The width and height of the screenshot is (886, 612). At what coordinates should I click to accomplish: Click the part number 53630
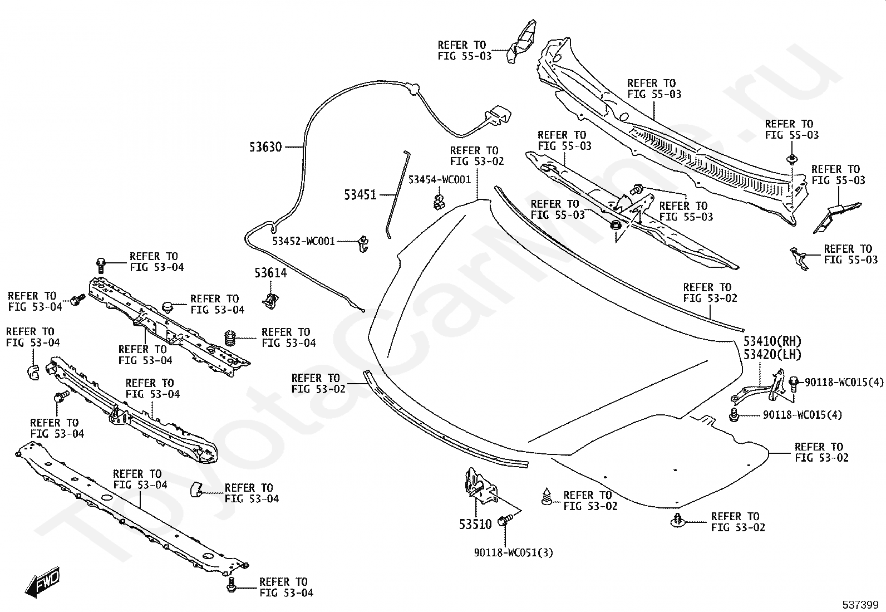[265, 147]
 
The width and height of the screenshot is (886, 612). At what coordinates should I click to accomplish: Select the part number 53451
[360, 195]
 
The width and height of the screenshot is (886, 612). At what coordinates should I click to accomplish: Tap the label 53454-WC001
[440, 180]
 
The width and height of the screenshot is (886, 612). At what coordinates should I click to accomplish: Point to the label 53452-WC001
[303, 241]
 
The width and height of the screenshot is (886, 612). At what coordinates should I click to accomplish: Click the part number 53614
[270, 273]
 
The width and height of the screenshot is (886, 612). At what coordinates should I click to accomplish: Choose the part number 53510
[475, 524]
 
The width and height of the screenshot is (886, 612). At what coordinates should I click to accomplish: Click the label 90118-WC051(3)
[514, 552]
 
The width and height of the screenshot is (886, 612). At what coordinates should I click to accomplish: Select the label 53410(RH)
[772, 341]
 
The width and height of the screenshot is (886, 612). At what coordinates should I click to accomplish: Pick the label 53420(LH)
[772, 354]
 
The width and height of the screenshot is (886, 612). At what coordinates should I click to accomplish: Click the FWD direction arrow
[43, 581]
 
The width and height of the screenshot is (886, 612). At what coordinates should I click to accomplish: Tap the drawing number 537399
[860, 605]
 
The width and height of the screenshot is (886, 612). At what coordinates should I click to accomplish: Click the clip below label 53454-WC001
[438, 202]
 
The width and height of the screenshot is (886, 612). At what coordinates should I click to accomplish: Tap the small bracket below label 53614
[271, 301]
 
